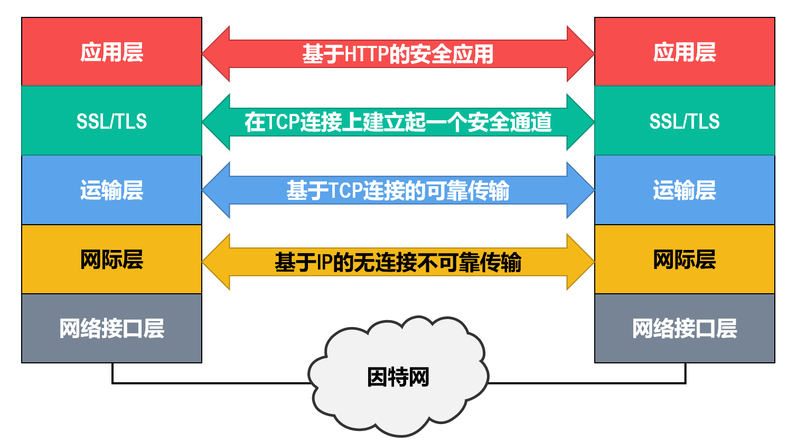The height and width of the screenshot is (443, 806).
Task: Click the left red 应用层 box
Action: (111, 52)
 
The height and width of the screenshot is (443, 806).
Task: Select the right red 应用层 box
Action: (685, 52)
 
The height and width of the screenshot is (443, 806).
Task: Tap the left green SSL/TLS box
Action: (111, 121)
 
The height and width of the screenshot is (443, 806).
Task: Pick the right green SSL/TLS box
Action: (685, 121)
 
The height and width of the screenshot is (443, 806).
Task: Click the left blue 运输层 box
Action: (111, 190)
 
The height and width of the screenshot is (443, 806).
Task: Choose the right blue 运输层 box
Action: (685, 190)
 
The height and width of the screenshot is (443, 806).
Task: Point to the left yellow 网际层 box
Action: (111, 259)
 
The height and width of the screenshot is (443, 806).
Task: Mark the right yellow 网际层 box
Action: (685, 259)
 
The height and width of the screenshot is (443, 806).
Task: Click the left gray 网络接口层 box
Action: (111, 328)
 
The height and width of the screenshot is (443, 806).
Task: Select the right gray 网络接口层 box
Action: (685, 328)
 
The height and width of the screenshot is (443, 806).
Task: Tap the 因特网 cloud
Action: (398, 377)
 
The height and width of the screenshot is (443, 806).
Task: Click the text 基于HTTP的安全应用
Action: (398, 54)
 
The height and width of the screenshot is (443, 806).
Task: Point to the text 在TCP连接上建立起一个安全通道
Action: (398, 122)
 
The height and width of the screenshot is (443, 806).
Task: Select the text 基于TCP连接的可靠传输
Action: (398, 190)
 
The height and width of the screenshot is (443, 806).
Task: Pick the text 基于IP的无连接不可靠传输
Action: (398, 262)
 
